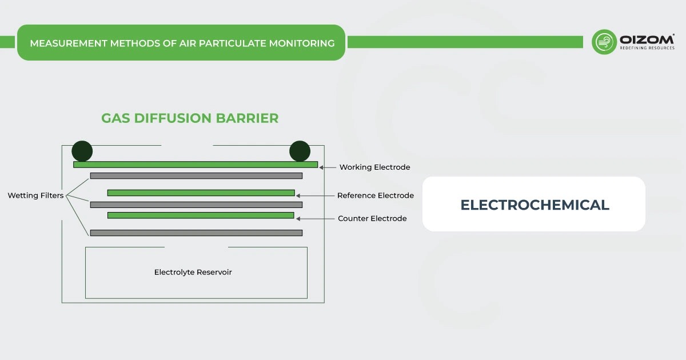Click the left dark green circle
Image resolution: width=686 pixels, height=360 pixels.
(x=82, y=151)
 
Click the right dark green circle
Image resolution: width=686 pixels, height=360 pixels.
(x=300, y=151)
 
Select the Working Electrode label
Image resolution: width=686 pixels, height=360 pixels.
(x=374, y=167)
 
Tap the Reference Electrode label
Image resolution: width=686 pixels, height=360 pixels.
(x=375, y=195)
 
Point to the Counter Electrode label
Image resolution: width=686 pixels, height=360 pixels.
(x=372, y=218)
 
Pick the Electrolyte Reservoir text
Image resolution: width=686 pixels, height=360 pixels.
(x=193, y=272)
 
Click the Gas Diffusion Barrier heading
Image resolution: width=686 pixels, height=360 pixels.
(x=190, y=118)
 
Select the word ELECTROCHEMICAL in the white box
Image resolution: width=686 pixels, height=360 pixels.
(x=535, y=205)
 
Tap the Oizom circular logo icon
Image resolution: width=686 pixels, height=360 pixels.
(x=604, y=42)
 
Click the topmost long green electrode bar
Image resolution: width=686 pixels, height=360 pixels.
(x=195, y=165)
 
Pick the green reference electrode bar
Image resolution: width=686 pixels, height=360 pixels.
(x=201, y=193)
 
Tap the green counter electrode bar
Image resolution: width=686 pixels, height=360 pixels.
(x=201, y=215)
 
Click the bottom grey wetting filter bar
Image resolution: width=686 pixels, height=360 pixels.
(x=196, y=233)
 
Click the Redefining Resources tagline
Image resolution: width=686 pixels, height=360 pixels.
(x=647, y=48)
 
